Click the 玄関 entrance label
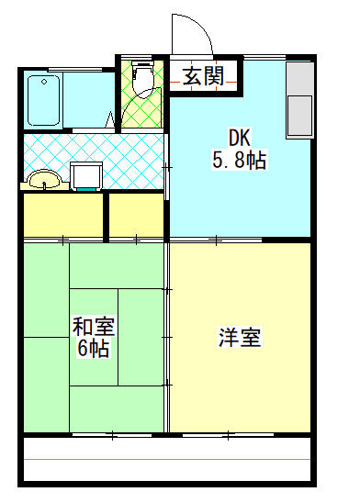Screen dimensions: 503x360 pyautogui.click(x=203, y=76)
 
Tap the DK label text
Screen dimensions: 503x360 pyautogui.click(x=239, y=139)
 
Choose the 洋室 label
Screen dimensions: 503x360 pyautogui.click(x=240, y=338)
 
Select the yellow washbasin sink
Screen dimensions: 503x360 pyautogui.click(x=41, y=179)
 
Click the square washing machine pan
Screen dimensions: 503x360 pyautogui.click(x=87, y=174)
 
